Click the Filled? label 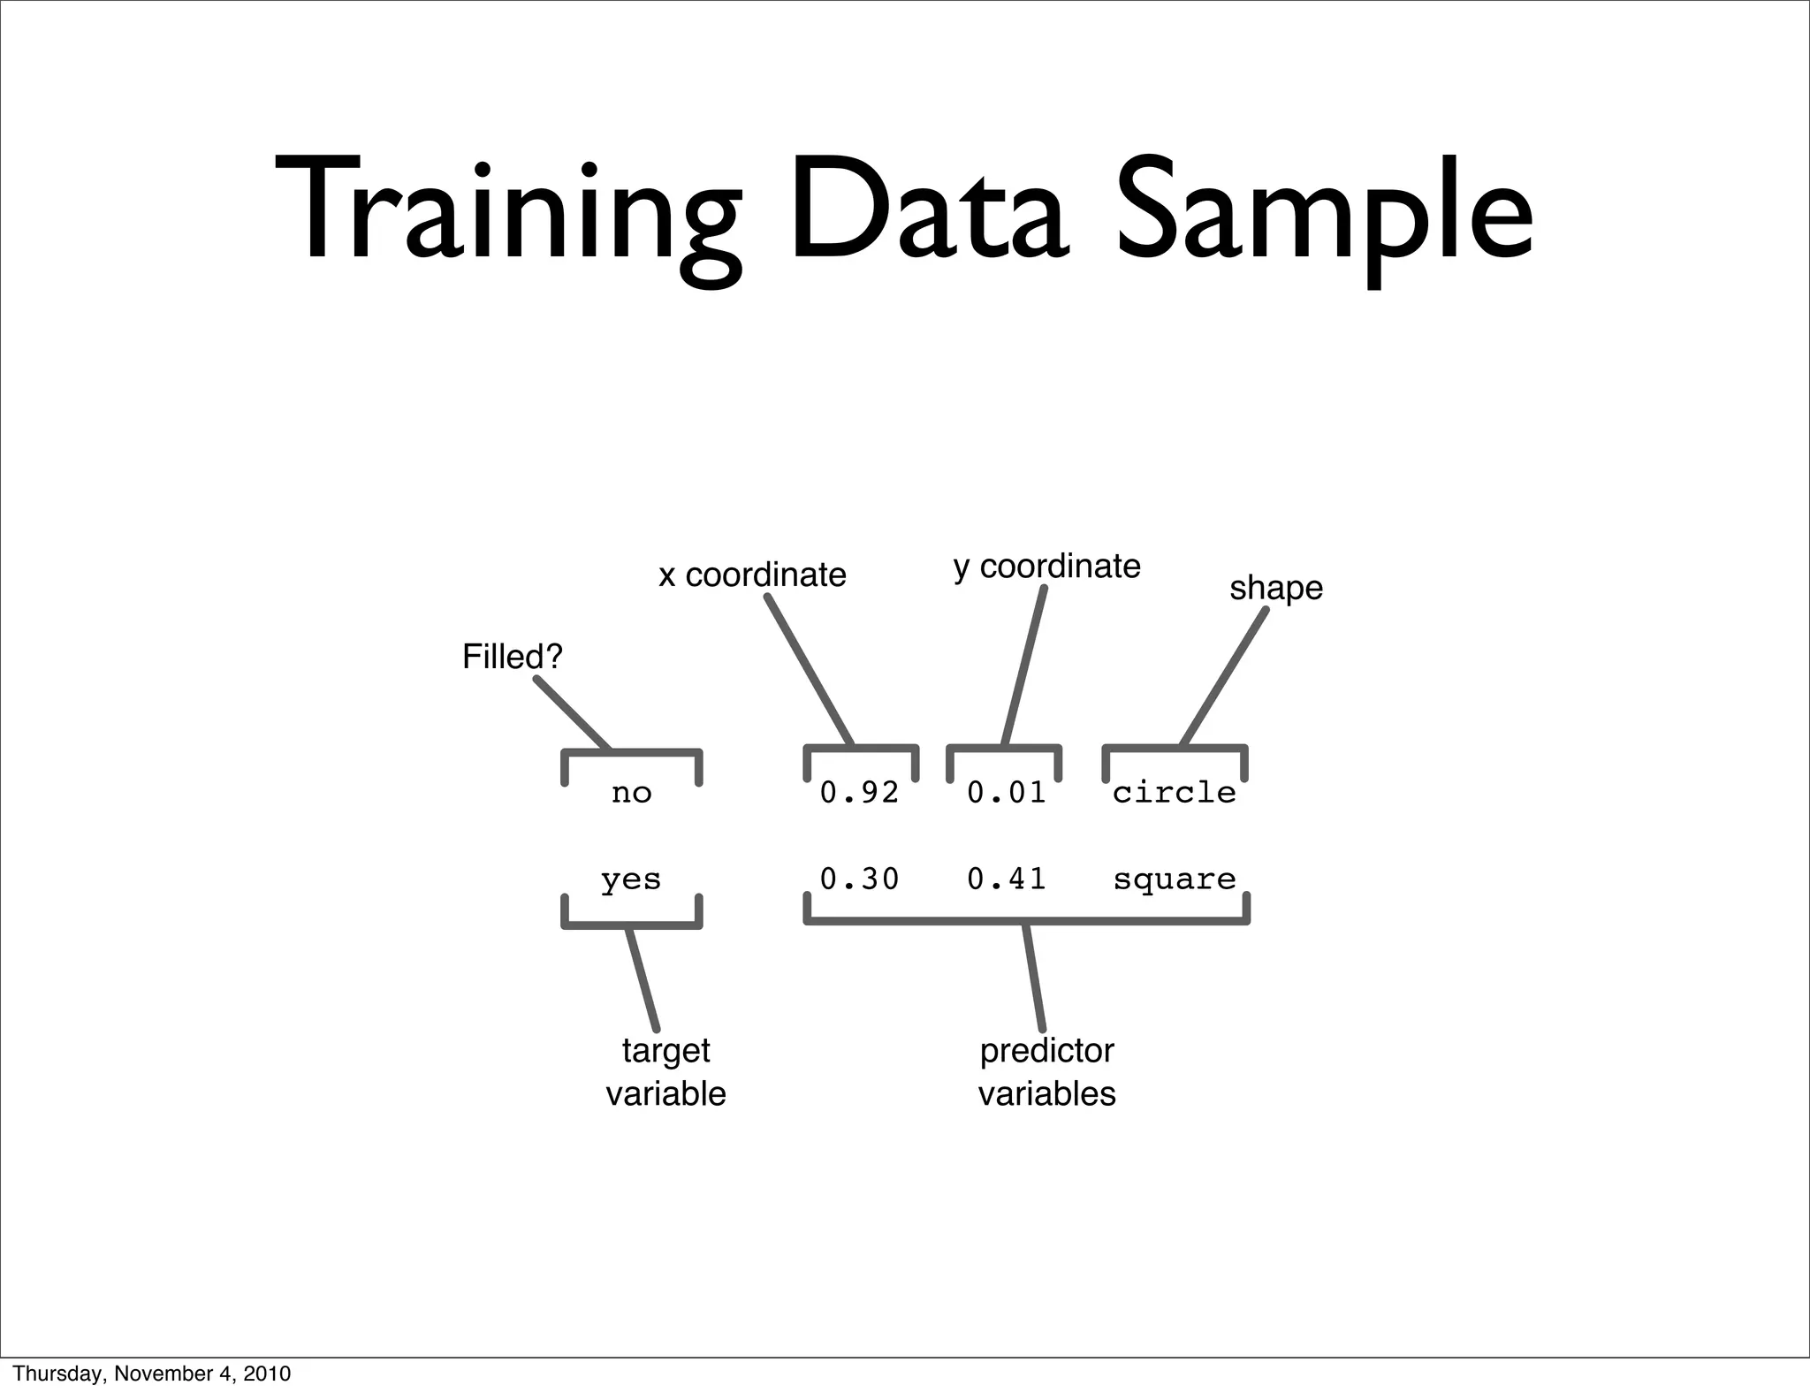(x=513, y=657)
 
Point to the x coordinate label (x=752, y=575)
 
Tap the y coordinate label (x=1046, y=567)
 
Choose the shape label (x=1275, y=588)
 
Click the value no (x=631, y=793)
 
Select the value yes (x=630, y=879)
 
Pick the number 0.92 (x=859, y=793)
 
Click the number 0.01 (x=1006, y=793)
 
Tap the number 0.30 (x=859, y=879)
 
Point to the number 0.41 (x=1006, y=879)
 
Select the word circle (x=1174, y=793)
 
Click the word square (x=1174, y=879)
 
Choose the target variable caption (x=665, y=1071)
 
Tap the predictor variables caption (x=1046, y=1071)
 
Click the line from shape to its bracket (x=1225, y=676)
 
